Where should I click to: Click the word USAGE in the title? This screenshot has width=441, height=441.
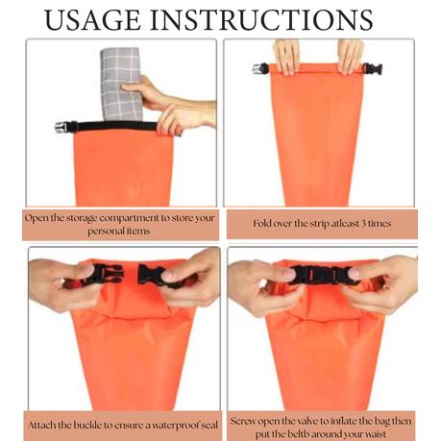point(92,20)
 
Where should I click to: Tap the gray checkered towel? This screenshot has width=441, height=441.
point(121,84)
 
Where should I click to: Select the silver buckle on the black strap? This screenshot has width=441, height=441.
point(61,127)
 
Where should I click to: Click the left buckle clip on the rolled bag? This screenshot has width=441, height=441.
point(260,68)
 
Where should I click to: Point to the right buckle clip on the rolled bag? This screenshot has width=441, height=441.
point(373,69)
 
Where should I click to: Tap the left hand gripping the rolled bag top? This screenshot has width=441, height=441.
point(286,57)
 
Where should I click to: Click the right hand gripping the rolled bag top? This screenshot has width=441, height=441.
point(351,57)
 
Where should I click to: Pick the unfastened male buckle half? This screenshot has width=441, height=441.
point(104,275)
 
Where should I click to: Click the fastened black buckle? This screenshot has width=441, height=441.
point(323,275)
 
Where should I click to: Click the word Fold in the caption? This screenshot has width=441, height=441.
point(261,223)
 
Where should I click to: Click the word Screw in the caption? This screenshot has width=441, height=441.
point(243,421)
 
